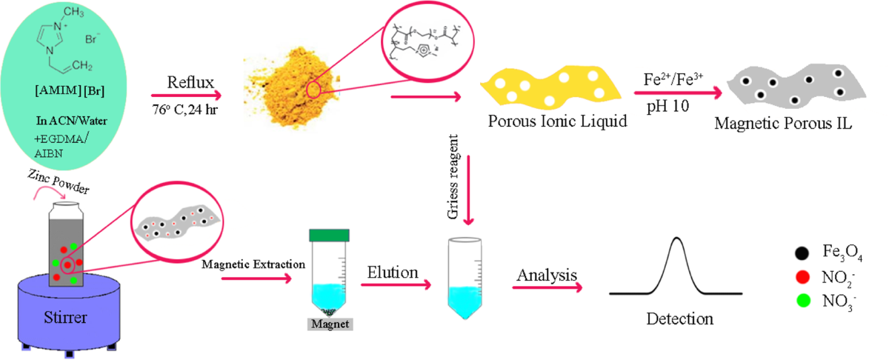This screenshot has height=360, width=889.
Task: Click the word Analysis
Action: pos(547,275)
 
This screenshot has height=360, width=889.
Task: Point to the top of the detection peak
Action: pos(676,237)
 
